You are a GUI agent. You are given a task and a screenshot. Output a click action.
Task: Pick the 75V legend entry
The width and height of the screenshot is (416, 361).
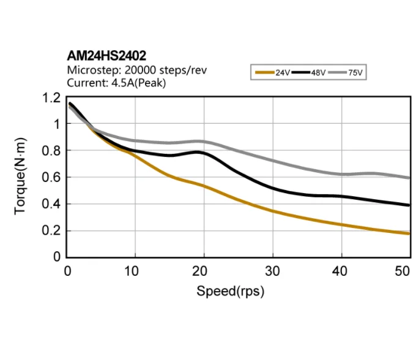346,72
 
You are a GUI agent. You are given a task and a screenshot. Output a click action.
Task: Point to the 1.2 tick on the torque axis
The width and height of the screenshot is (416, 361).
51,97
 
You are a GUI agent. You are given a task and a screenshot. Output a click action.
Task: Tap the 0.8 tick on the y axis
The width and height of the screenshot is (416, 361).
51,151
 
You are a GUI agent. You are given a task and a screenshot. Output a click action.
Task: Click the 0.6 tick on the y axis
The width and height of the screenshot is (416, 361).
51,178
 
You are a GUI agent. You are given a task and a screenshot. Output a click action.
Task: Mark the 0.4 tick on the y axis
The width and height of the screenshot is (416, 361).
51,204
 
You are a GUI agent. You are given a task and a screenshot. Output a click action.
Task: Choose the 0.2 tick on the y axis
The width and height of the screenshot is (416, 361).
51,231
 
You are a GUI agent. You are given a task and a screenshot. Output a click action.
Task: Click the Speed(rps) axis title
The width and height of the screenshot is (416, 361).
230,291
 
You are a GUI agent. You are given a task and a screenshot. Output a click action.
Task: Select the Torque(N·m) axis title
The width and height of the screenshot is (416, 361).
21,178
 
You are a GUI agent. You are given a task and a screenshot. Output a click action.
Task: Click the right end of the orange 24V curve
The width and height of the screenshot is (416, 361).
409,234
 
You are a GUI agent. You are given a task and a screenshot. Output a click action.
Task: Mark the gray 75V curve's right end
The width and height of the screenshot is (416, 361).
409,178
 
